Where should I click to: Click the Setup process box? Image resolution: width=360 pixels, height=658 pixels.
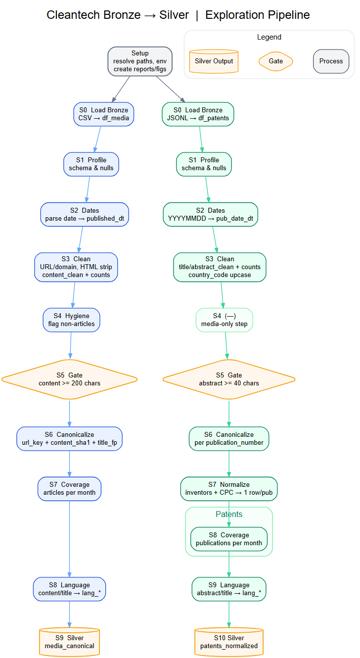pyautogui.click(x=140, y=61)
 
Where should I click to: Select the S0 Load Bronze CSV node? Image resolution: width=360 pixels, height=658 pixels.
pyautogui.click(x=104, y=114)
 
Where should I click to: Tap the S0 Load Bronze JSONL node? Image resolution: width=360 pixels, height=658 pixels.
pyautogui.click(x=198, y=114)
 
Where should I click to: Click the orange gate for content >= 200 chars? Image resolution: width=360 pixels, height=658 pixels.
pyautogui.click(x=69, y=379)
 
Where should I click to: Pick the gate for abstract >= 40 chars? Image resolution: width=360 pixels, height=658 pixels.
pyautogui.click(x=229, y=379)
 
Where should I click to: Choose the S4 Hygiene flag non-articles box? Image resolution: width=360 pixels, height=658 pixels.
pyautogui.click(x=71, y=320)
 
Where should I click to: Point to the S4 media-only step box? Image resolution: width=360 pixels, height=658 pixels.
pyautogui.click(x=224, y=320)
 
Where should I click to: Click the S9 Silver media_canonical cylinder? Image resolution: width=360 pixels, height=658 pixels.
pyautogui.click(x=69, y=642)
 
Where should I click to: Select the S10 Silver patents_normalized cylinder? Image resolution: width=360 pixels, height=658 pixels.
pyautogui.click(x=229, y=642)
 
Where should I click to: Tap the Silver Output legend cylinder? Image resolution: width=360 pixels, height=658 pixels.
pyautogui.click(x=214, y=61)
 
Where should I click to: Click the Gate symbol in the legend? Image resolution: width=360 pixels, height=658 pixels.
pyautogui.click(x=276, y=61)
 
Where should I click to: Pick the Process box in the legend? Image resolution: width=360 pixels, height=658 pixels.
pyautogui.click(x=331, y=61)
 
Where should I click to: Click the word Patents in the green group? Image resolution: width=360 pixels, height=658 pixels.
pyautogui.click(x=229, y=515)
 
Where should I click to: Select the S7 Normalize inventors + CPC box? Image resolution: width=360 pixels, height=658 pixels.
pyautogui.click(x=229, y=488)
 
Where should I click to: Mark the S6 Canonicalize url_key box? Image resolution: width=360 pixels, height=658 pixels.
pyautogui.click(x=69, y=438)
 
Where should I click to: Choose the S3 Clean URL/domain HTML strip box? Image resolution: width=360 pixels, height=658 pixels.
pyautogui.click(x=76, y=267)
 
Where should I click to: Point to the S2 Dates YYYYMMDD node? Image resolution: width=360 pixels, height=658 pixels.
pyautogui.click(x=210, y=214)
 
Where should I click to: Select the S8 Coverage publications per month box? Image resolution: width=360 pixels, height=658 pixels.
pyautogui.click(x=229, y=539)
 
